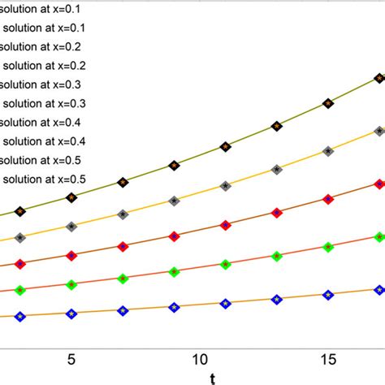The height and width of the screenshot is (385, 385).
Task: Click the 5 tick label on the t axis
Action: (x=71, y=357)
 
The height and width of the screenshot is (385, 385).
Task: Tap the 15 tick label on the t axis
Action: (x=327, y=357)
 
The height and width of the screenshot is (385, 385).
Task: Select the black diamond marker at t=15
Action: (x=328, y=103)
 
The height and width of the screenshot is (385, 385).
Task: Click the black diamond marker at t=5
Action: (x=71, y=197)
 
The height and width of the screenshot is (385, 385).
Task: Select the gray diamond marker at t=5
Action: (x=71, y=227)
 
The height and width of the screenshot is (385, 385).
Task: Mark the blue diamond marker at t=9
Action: (x=174, y=307)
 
